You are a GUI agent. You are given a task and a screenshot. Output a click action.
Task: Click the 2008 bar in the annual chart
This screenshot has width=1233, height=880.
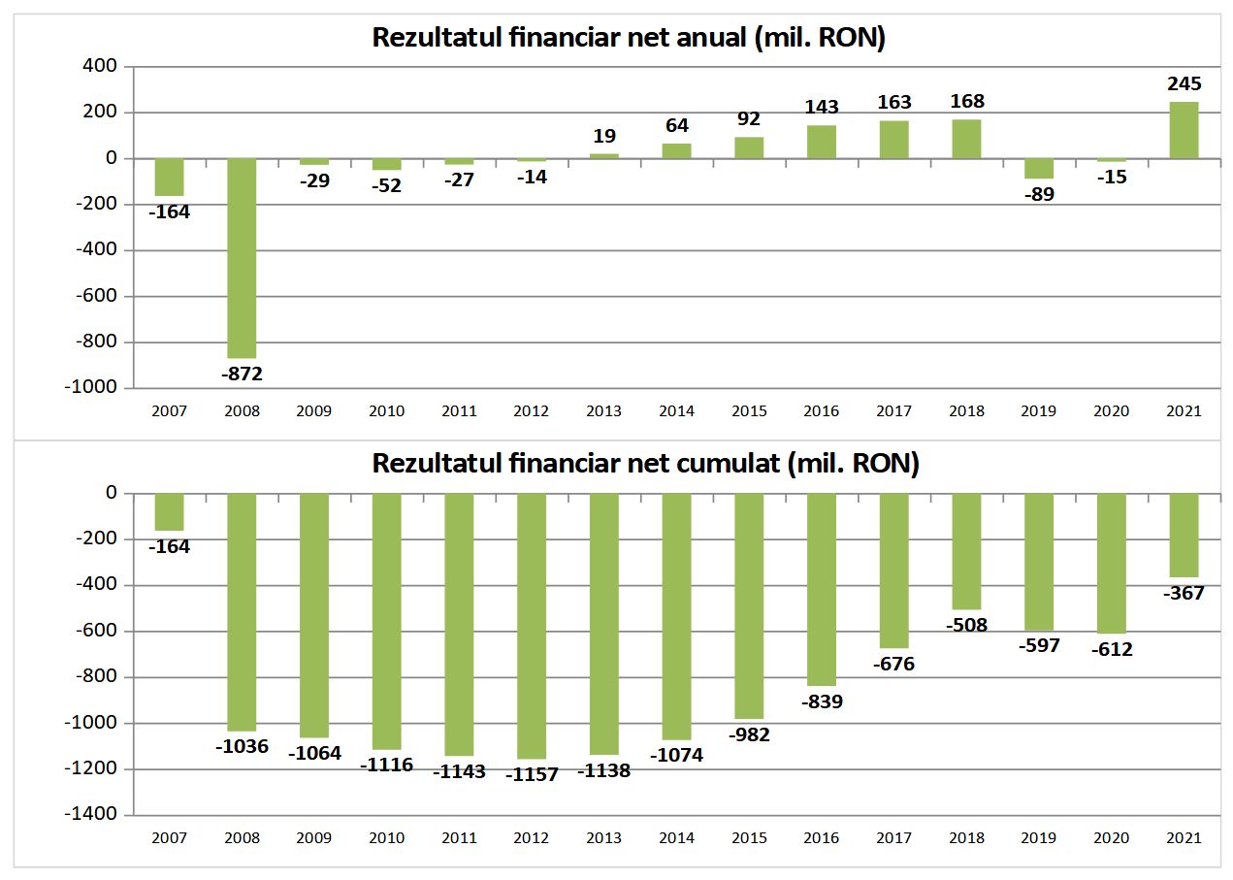pyautogui.click(x=242, y=258)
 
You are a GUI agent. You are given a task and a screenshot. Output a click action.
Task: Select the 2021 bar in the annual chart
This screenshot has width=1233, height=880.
pyautogui.click(x=1184, y=130)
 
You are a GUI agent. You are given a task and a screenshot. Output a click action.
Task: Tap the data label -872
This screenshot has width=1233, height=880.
pyautogui.click(x=242, y=374)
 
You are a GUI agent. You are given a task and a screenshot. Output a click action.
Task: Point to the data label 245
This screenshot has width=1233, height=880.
pyautogui.click(x=1184, y=84)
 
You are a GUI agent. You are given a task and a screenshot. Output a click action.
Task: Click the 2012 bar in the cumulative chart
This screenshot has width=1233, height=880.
pyautogui.click(x=532, y=626)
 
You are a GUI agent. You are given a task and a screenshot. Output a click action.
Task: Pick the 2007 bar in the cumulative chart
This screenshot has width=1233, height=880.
pyautogui.click(x=170, y=512)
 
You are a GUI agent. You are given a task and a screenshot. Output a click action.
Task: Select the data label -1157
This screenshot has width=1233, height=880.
pyautogui.click(x=532, y=774)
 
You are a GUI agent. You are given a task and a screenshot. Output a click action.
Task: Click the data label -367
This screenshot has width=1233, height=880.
pyautogui.click(x=1184, y=593)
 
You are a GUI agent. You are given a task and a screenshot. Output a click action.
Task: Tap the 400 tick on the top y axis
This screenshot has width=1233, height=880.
pyautogui.click(x=101, y=66)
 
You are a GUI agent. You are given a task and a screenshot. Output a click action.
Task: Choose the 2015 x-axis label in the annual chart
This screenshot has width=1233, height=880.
pyautogui.click(x=749, y=411)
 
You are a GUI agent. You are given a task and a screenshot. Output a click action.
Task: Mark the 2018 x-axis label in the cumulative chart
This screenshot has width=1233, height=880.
pyautogui.click(x=966, y=838)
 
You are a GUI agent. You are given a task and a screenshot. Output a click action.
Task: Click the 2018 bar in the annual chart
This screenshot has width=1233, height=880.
pyautogui.click(x=966, y=139)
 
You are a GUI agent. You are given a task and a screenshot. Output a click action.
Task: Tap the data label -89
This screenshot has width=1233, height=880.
pyautogui.click(x=1038, y=194)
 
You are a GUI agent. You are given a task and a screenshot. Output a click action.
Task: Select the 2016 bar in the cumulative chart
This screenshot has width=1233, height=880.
pyautogui.click(x=822, y=589)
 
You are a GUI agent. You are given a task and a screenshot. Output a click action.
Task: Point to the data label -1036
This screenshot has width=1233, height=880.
pyautogui.click(x=242, y=746)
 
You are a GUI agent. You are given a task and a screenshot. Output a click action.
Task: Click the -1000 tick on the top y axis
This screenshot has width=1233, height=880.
pyautogui.click(x=94, y=387)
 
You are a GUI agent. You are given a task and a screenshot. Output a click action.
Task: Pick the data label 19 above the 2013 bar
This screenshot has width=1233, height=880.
pyautogui.click(x=604, y=137)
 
